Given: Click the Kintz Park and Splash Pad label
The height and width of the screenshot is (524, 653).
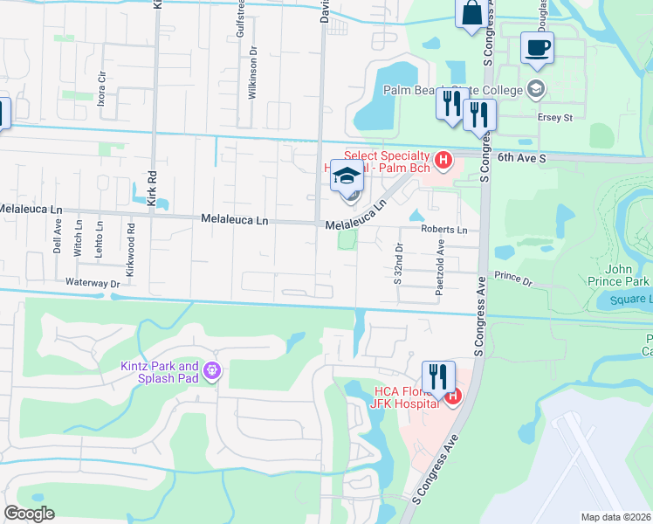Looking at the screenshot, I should [x=160, y=372].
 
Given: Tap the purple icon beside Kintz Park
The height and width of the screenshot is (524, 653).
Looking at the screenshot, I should [x=211, y=372].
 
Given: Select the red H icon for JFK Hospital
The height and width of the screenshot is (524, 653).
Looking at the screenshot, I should [x=452, y=398].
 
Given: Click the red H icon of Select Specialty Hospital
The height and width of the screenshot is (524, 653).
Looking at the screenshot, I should [x=443, y=160].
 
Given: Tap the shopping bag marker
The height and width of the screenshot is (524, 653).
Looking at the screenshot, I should [x=471, y=13].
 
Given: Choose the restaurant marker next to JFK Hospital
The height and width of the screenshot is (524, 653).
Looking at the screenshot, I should [x=438, y=376].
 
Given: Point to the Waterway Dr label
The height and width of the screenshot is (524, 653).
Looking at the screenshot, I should [x=91, y=284].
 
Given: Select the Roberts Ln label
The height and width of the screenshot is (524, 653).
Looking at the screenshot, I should [x=443, y=230].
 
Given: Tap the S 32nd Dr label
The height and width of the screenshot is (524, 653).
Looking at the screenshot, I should [x=397, y=264].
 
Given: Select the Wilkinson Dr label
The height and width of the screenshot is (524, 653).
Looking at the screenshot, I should [x=252, y=73].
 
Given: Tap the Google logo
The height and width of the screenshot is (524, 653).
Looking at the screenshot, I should [x=29, y=514].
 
